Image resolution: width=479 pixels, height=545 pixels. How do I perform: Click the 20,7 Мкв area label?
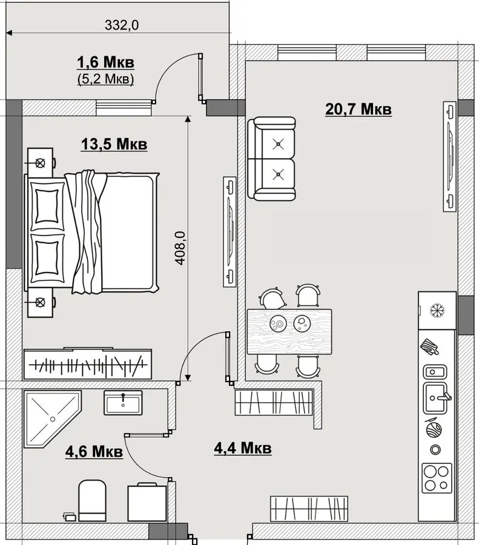tap(358, 109)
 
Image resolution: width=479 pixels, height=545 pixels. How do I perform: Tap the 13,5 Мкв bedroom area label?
tap(114, 144)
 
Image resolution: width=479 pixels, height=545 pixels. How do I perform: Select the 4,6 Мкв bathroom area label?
tap(94, 452)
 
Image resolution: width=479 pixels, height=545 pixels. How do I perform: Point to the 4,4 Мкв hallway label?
tap(243, 448)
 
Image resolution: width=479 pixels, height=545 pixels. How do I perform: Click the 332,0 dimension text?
tap(122, 25)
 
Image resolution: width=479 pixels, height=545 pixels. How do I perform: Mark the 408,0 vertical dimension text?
tap(180, 248)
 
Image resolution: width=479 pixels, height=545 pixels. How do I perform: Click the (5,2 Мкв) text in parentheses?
tap(105, 79)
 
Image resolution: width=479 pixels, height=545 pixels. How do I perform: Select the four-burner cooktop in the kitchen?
tap(437, 478)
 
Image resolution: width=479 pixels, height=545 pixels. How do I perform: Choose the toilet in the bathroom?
tap(92, 501)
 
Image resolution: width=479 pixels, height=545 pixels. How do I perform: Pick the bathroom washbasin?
tap(123, 403)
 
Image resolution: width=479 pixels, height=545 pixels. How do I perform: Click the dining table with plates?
tap(289, 332)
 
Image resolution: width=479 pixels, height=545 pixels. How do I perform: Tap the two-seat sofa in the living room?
tap(271, 159)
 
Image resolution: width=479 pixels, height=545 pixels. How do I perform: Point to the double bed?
tap(91, 232)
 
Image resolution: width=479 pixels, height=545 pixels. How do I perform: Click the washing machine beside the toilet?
tap(147, 502)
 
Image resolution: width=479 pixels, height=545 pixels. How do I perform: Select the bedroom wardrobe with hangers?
tap(88, 364)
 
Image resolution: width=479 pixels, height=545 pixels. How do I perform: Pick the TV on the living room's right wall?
tap(449, 156)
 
